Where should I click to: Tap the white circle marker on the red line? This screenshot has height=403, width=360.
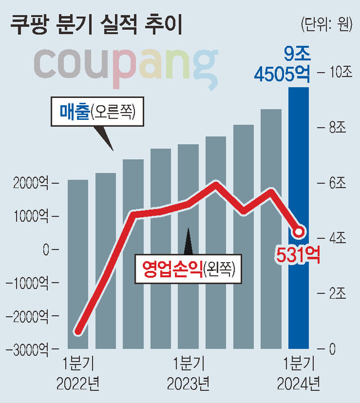(x=299, y=231)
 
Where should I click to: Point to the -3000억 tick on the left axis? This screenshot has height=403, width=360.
(x=27, y=348)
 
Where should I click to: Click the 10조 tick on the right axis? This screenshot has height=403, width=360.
(x=339, y=72)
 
